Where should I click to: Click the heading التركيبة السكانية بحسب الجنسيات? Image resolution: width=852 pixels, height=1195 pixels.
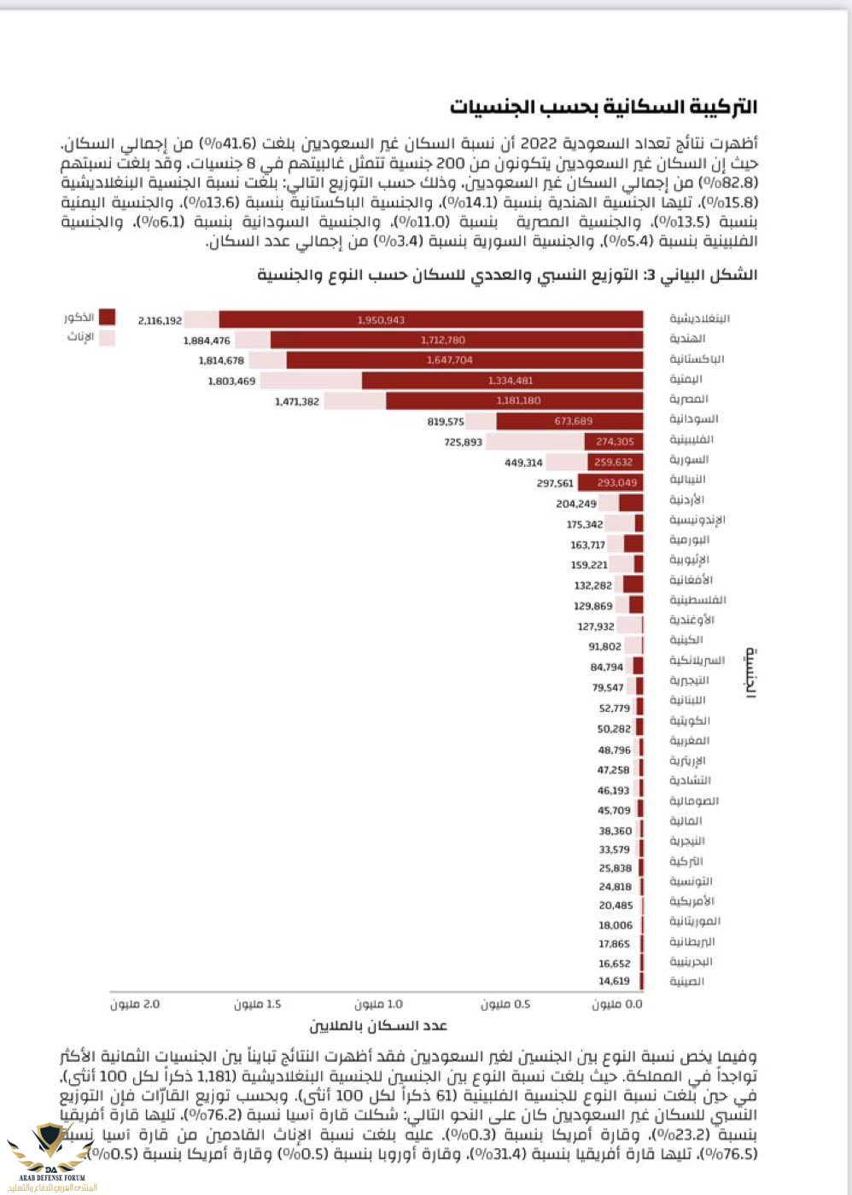point(604,108)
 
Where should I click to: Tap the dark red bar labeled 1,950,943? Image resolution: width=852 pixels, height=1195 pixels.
point(430,320)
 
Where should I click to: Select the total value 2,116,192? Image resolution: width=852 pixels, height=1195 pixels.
point(160,321)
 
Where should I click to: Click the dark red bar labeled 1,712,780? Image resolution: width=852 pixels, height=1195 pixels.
point(456,341)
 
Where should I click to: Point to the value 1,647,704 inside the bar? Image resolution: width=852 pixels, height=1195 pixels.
point(450,360)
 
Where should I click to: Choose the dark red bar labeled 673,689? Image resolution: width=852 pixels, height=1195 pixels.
point(569,421)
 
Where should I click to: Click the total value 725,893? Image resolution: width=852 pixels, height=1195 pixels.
point(463,442)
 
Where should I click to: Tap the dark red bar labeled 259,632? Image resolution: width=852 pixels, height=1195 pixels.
point(615,462)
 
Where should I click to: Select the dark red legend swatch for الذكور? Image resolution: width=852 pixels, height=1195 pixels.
point(107,318)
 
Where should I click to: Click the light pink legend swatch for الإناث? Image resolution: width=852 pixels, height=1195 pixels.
point(107,337)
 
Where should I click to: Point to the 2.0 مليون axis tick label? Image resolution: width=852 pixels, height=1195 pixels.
point(135,1005)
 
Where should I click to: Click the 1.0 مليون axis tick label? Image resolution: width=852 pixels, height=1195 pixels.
point(378,1005)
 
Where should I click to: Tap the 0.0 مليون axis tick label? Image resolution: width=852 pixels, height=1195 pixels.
point(617,1005)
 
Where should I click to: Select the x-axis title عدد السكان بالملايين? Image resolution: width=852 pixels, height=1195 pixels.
point(378,1026)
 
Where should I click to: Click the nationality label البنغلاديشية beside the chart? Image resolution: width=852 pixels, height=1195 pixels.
point(699,319)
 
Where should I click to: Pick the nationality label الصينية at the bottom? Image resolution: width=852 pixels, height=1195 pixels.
point(686,982)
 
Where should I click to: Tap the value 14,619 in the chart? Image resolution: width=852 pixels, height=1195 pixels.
point(614,982)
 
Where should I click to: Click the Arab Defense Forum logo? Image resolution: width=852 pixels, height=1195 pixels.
point(50,1157)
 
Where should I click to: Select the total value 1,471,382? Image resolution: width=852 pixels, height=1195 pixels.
point(296,401)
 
